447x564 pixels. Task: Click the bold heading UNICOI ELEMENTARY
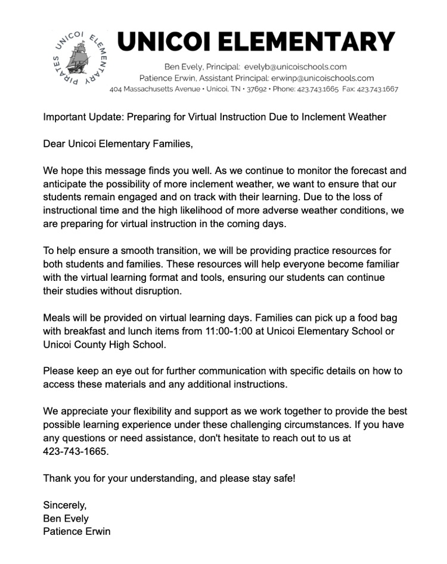tap(256, 42)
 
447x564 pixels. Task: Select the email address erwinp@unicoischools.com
tap(322, 78)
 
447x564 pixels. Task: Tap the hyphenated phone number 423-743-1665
tap(76, 452)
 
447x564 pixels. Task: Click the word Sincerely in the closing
tap(64, 505)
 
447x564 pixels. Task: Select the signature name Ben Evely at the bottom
tap(66, 518)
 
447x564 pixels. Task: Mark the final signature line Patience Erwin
tap(76, 531)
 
